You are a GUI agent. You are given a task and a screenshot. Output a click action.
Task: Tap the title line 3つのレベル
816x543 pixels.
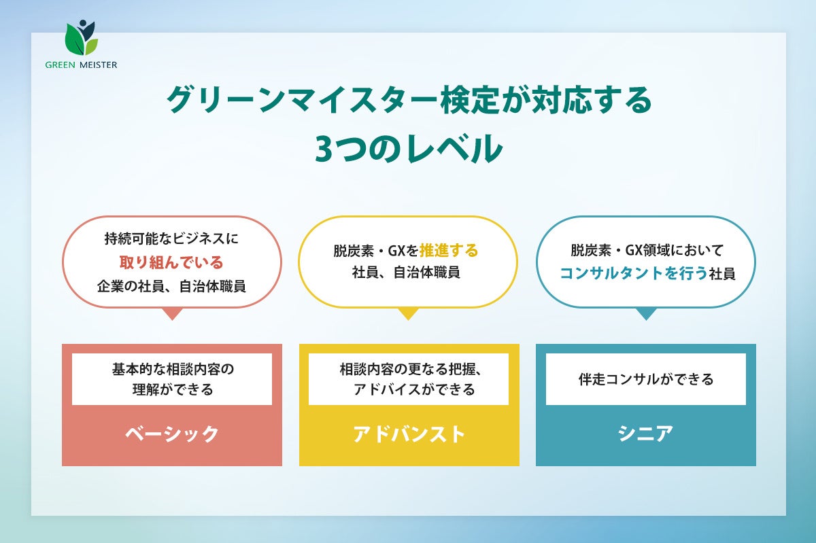408,150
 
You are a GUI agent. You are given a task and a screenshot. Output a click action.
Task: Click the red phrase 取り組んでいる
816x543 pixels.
171,262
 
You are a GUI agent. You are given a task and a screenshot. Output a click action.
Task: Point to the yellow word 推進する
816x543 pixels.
448,250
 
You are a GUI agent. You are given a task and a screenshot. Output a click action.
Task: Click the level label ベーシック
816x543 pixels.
171,434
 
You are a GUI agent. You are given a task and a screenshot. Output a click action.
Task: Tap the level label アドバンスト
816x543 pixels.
409,434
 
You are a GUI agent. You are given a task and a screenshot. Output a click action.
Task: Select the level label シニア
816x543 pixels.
645,434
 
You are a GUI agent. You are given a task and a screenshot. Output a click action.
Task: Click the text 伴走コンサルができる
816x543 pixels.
645,379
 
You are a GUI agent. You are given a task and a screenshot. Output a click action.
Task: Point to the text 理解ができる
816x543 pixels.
172,389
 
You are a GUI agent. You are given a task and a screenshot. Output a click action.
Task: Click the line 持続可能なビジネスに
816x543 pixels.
171,239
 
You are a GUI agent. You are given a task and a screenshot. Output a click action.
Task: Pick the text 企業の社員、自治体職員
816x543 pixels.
171,286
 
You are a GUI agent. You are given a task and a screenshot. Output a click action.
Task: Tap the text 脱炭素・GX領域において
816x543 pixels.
645,250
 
